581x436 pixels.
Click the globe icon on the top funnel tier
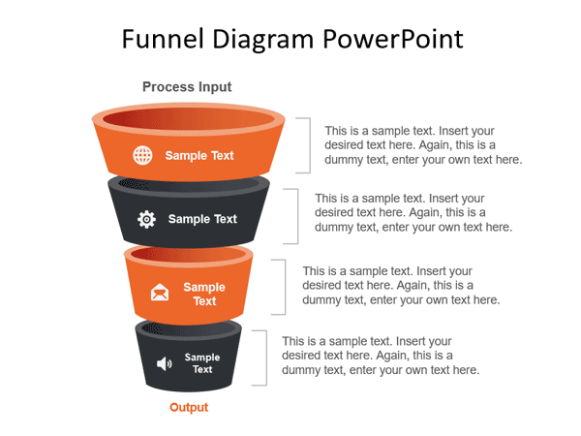tap(142, 155)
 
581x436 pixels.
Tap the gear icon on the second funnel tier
tap(146, 219)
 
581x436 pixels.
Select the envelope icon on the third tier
tap(160, 293)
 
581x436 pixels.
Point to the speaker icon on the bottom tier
tap(164, 363)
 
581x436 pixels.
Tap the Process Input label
tap(187, 87)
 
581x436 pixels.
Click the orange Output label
tap(189, 408)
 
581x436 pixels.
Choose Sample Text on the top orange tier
tap(199, 155)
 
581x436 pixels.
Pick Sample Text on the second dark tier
tap(202, 219)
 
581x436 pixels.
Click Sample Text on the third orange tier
tap(204, 294)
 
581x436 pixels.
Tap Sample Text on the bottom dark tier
tap(202, 363)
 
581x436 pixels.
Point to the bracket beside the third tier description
tap(283, 287)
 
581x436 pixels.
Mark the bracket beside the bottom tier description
tap(263, 357)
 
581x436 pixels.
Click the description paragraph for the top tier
tap(423, 144)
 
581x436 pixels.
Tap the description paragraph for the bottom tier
tap(381, 356)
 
